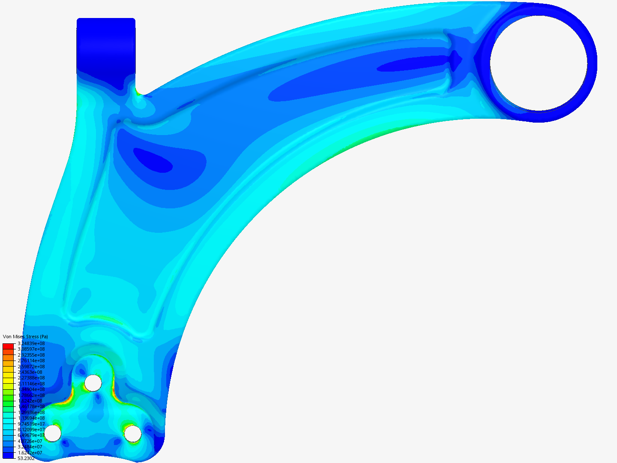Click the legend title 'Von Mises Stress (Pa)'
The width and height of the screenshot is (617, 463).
pos(25,337)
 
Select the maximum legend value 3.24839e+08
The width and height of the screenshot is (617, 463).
pos(31,343)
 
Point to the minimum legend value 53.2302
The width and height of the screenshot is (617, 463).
pos(26,458)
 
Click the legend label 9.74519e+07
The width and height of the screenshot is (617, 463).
pos(31,424)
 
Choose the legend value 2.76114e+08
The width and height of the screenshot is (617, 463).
pos(31,361)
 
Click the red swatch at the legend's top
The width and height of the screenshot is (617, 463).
pos(8,346)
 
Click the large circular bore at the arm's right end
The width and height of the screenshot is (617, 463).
pos(539,63)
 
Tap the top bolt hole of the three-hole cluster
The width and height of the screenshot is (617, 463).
pos(93,383)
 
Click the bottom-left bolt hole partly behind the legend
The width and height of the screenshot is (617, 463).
pos(53,433)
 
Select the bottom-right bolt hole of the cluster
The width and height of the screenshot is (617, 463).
pos(133,434)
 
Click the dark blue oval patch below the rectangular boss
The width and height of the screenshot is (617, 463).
pos(153,160)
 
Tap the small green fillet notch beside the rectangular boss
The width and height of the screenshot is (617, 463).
pos(137,91)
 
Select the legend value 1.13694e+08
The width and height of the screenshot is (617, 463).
pos(31,418)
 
